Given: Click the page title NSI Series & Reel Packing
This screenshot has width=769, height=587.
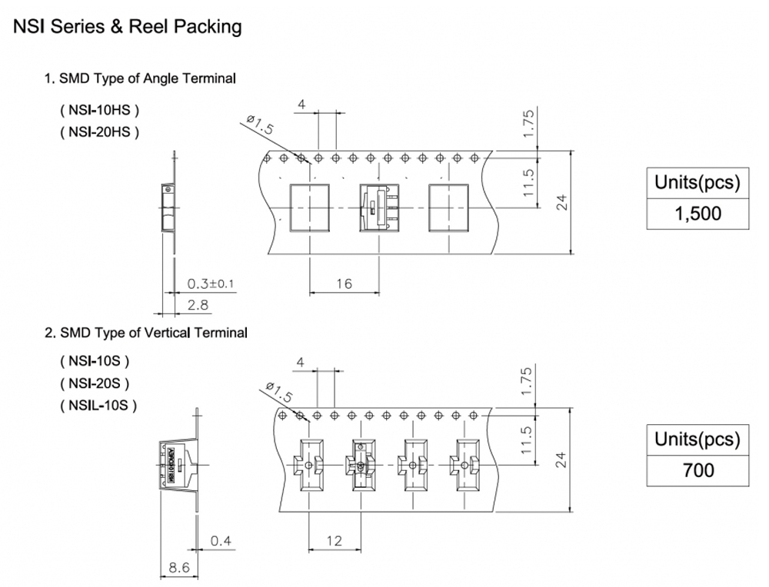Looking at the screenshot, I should (127, 27).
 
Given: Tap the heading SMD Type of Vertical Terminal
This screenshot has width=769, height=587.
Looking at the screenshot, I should (145, 333).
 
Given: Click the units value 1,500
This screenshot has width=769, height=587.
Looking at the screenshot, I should (697, 214).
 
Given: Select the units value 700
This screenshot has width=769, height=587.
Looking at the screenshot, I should (697, 469).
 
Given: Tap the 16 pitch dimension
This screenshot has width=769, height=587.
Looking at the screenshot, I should (344, 284).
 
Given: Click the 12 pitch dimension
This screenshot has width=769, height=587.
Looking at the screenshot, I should (334, 541).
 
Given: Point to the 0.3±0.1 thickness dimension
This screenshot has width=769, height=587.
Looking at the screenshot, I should (210, 284).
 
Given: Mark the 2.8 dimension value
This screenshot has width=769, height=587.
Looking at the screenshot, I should (198, 305).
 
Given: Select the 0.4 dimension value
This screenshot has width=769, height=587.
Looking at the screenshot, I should (221, 541).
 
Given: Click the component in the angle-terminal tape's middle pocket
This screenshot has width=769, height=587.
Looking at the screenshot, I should (379, 207).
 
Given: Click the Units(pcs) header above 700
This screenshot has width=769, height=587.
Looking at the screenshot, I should (697, 440).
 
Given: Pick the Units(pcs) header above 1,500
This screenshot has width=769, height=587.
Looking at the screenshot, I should (697, 184).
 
